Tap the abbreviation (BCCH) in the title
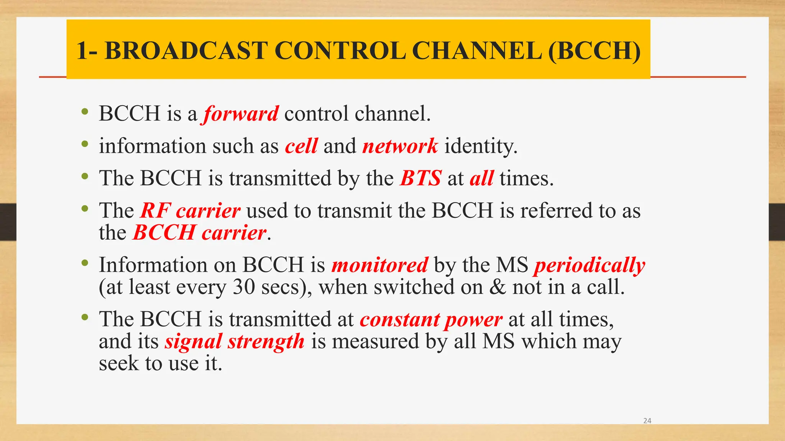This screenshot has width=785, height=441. [x=594, y=51]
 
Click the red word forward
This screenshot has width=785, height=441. [x=241, y=114]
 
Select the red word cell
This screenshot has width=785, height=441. [x=301, y=146]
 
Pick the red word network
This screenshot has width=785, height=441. [x=400, y=146]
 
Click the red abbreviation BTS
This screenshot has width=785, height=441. [x=420, y=178]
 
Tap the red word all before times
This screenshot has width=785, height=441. [x=481, y=178]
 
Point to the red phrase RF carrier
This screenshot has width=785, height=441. [x=190, y=211]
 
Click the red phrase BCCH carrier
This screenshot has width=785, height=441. [x=199, y=233]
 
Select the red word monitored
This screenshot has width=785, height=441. [x=379, y=265]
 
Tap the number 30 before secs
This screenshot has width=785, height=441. [x=244, y=287]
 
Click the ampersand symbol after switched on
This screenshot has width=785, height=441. [x=498, y=287]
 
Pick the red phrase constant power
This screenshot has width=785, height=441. [x=431, y=320]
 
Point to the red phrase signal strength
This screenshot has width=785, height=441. [x=235, y=341]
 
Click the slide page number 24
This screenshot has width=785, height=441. [x=647, y=421]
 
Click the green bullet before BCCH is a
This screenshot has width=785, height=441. [x=85, y=112]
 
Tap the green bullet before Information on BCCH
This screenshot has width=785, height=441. [x=85, y=263]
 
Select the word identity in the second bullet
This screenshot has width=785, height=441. [x=481, y=147]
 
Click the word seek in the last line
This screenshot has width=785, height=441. [x=118, y=363]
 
